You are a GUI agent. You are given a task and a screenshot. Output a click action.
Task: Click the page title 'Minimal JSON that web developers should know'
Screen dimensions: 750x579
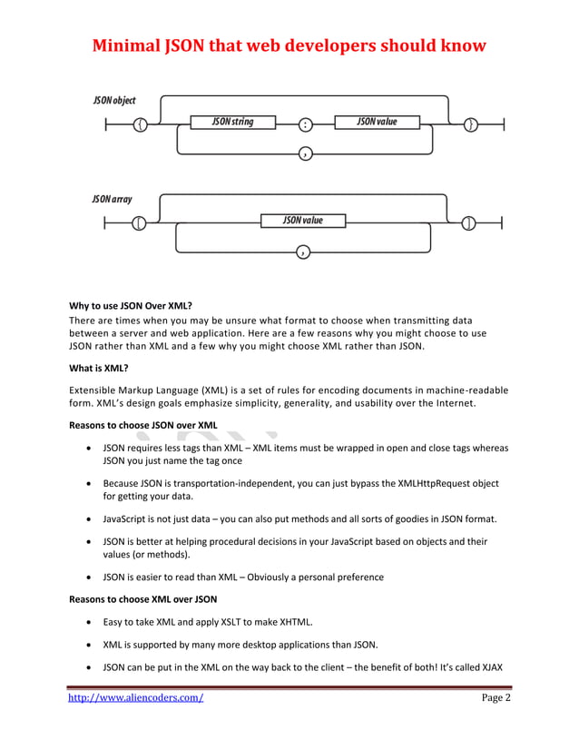(289, 44)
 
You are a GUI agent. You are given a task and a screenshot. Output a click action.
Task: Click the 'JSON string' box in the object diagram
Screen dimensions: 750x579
(232, 122)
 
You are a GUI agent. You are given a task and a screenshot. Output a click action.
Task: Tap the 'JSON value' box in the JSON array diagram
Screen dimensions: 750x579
(302, 220)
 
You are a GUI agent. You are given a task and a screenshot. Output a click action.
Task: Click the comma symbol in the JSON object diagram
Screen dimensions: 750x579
(305, 153)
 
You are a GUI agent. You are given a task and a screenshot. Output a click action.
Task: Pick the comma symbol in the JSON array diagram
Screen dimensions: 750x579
(302, 252)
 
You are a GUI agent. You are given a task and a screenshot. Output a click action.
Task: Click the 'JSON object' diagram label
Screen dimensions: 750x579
(114, 100)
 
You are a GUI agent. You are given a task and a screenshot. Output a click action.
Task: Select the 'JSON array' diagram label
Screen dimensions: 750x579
(112, 198)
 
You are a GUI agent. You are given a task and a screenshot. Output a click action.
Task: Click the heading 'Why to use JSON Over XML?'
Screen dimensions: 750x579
(132, 306)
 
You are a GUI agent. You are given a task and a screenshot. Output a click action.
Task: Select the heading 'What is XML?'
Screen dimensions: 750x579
(99, 368)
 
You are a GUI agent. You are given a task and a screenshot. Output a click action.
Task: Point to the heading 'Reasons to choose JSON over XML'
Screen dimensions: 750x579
(143, 425)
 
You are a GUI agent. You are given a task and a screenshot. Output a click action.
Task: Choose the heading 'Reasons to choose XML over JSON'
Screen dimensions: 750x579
(143, 599)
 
